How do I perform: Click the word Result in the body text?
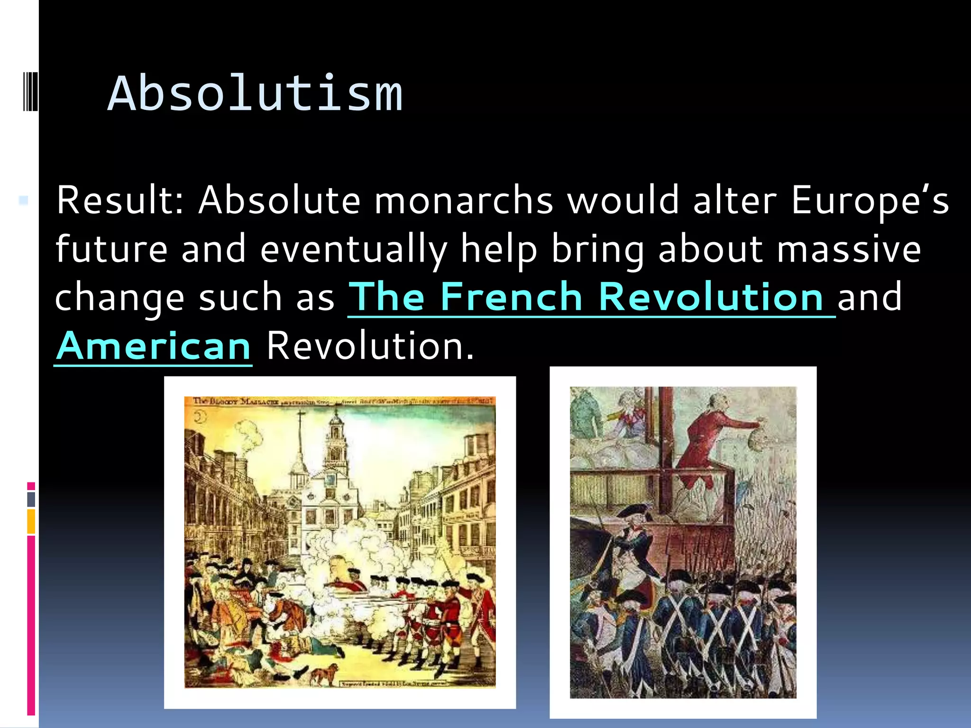tap(119, 200)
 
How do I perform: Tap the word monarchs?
tap(464, 200)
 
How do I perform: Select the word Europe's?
tap(870, 200)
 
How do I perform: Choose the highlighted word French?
tap(512, 298)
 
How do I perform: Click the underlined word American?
tap(153, 346)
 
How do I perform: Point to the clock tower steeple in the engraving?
tap(336, 436)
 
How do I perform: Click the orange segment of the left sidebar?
tap(31, 521)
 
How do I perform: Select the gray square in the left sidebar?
tap(31, 499)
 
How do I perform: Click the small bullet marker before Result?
tap(23, 200)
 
